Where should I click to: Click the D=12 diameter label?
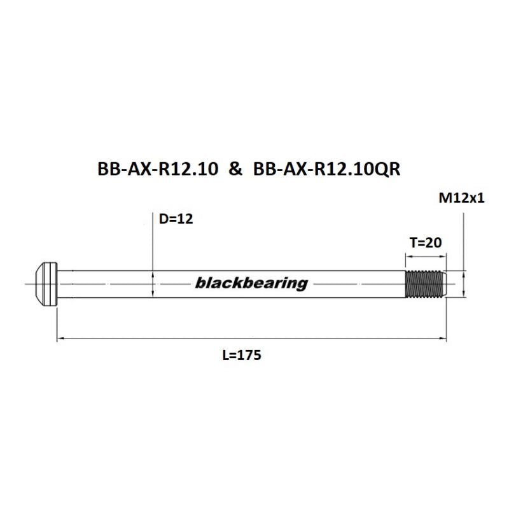coord(175,220)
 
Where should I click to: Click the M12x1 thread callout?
coord(462,199)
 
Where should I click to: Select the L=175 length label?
coord(242,356)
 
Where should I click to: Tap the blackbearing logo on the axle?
coord(251,283)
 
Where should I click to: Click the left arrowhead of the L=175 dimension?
coord(61,340)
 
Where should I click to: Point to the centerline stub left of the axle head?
coord(29,283)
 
